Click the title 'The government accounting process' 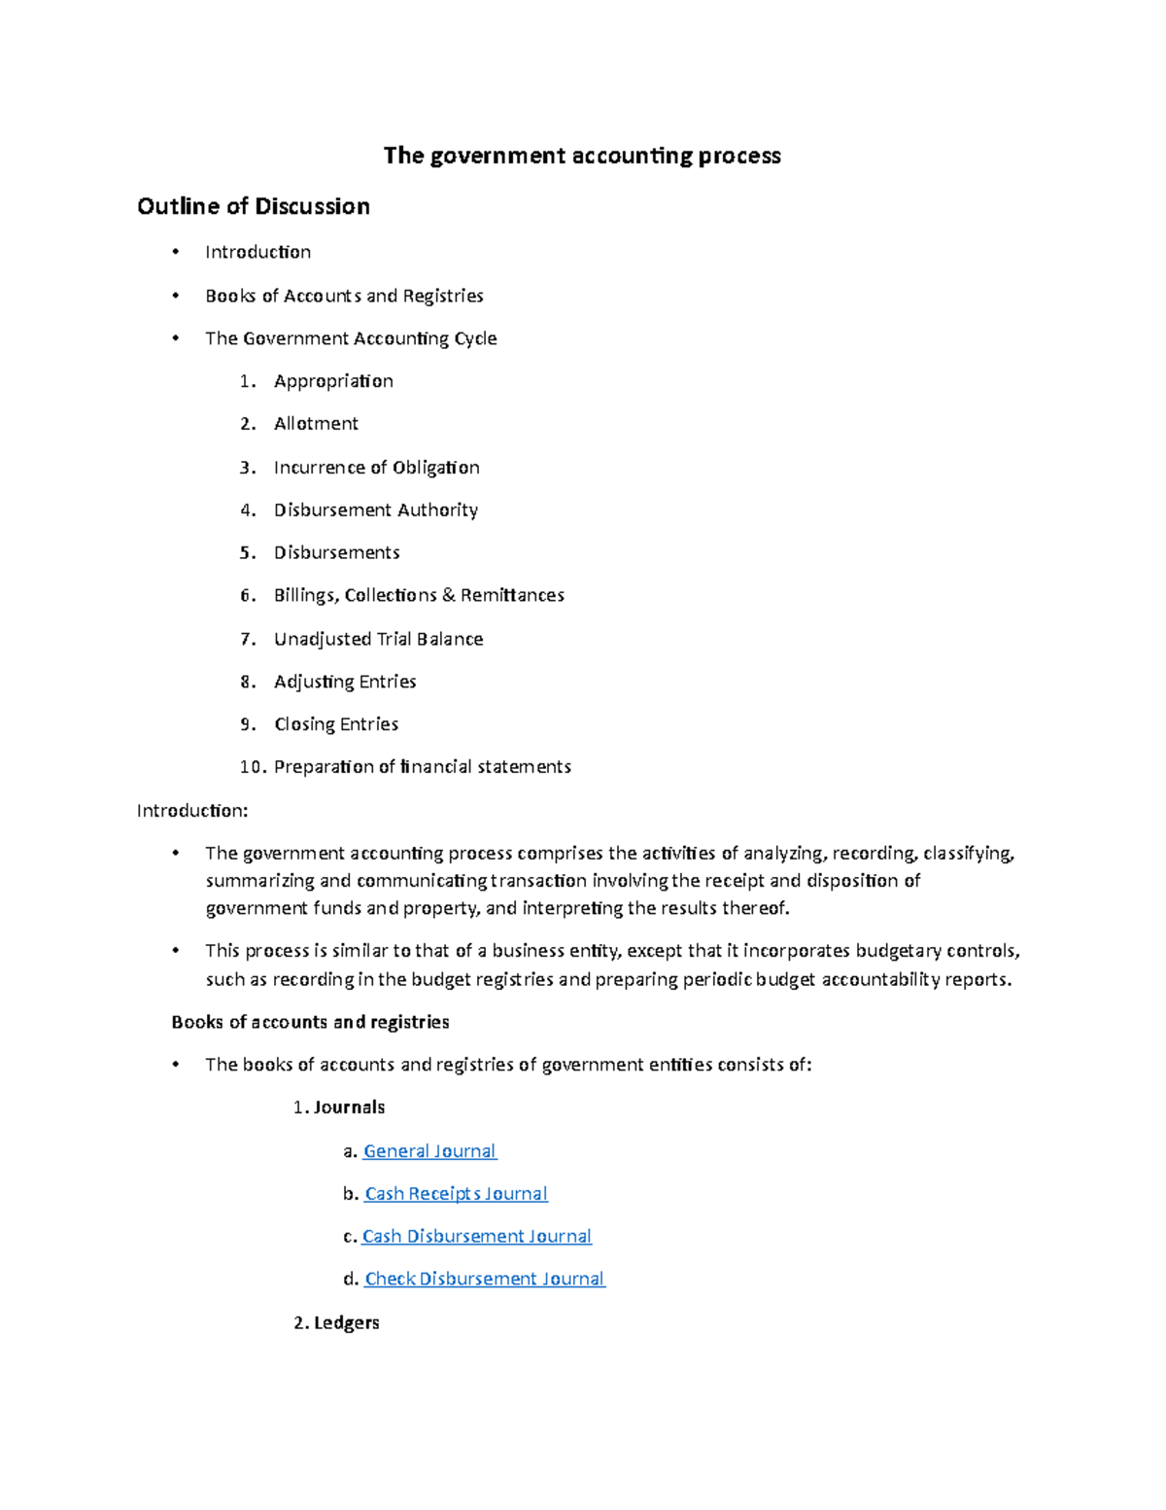(x=581, y=156)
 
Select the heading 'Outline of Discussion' (x=254, y=206)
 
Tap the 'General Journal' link (x=429, y=1151)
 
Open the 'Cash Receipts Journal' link (x=456, y=1194)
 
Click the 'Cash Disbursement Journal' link (x=476, y=1237)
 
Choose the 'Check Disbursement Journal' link (x=484, y=1280)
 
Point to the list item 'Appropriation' (x=333, y=381)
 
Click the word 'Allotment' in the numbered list (x=316, y=424)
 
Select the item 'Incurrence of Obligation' (x=376, y=468)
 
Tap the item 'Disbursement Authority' (x=375, y=510)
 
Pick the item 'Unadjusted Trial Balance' (x=378, y=639)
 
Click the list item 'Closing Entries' (x=336, y=724)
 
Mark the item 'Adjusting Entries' (x=345, y=682)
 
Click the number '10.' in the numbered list (x=253, y=767)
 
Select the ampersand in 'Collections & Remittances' (x=448, y=595)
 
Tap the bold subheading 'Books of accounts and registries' (x=310, y=1022)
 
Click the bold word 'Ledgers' (x=346, y=1323)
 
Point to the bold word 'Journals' (x=349, y=1107)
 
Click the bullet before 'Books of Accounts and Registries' (x=175, y=296)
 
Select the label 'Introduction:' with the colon (x=192, y=811)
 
